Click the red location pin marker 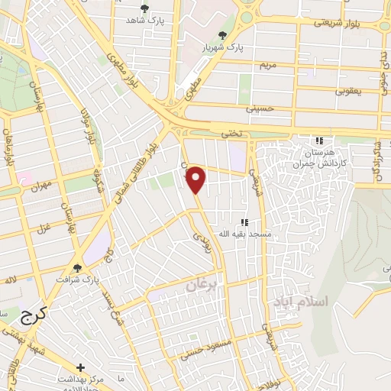coord(196,179)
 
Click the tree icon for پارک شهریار coord(222,35)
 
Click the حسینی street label coord(260,109)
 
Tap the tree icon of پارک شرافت coord(78,267)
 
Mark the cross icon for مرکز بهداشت coord(80,367)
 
